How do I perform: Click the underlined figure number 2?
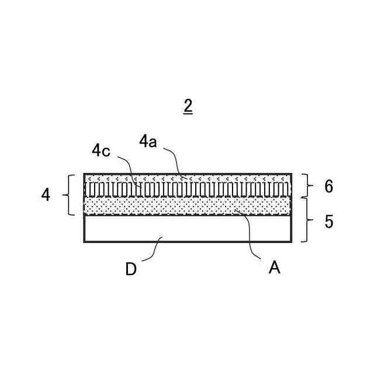(188, 106)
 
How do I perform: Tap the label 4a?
(148, 141)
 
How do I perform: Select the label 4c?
(101, 150)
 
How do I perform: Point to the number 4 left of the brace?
(46, 195)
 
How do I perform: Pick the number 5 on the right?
(328, 222)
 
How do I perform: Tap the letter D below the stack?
(131, 269)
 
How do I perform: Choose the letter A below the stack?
(274, 268)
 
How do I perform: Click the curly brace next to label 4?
(70, 195)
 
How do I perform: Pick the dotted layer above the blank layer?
(187, 206)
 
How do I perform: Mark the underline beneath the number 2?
(188, 114)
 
